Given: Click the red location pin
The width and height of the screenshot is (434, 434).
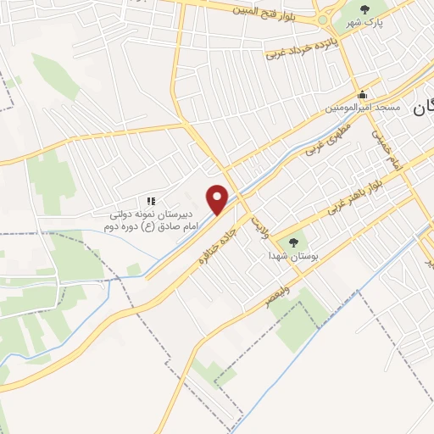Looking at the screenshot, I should point(218,199).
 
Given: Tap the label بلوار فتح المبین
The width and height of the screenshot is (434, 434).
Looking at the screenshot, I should point(269,10).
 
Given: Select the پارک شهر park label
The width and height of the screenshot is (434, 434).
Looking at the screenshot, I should point(368,22).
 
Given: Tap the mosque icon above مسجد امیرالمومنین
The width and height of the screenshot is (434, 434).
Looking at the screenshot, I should point(363,94).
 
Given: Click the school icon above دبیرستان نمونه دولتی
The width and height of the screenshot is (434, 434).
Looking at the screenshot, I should point(151,201).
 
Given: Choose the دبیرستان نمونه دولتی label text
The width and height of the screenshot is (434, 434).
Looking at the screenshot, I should point(154,215).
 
